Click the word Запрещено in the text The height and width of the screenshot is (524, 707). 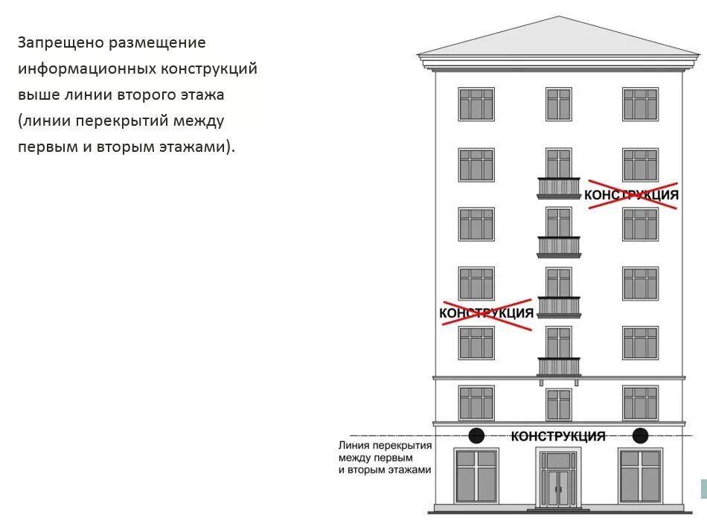60,42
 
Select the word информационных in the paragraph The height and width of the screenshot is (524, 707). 87,68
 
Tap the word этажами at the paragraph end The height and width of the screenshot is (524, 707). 196,147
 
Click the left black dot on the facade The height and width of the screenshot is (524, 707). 476,435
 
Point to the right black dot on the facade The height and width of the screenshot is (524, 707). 640,435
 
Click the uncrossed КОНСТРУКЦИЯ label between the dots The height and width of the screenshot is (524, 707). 558,436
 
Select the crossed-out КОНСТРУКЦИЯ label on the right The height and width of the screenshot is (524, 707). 632,195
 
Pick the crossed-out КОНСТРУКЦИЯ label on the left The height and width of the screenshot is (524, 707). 487,313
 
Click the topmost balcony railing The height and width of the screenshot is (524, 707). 559,187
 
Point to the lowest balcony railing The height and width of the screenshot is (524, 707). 559,366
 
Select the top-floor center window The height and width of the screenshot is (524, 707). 559,104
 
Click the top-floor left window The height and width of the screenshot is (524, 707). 476,104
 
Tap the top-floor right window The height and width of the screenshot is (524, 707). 640,104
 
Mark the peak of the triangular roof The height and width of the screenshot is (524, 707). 558,17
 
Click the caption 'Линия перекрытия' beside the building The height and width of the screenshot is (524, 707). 385,445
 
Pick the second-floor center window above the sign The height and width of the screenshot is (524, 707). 559,404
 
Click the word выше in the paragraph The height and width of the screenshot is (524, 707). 38,95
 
